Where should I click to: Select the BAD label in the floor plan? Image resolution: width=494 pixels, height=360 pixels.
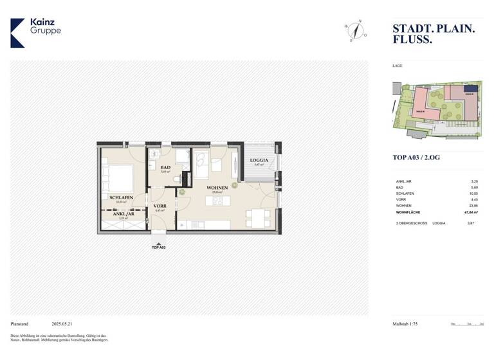coord(165,167)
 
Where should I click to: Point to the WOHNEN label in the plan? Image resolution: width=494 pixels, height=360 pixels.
coord(217,188)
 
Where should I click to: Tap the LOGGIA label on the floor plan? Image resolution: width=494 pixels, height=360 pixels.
coord(259,160)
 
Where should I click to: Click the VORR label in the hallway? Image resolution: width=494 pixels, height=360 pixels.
coord(160,206)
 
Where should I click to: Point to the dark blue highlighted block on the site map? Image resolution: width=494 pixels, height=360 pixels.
coord(471,89)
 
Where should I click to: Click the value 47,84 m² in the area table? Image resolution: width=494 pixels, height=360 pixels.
coord(472,210)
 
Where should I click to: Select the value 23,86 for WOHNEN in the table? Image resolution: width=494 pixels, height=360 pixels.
coord(474,204)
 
